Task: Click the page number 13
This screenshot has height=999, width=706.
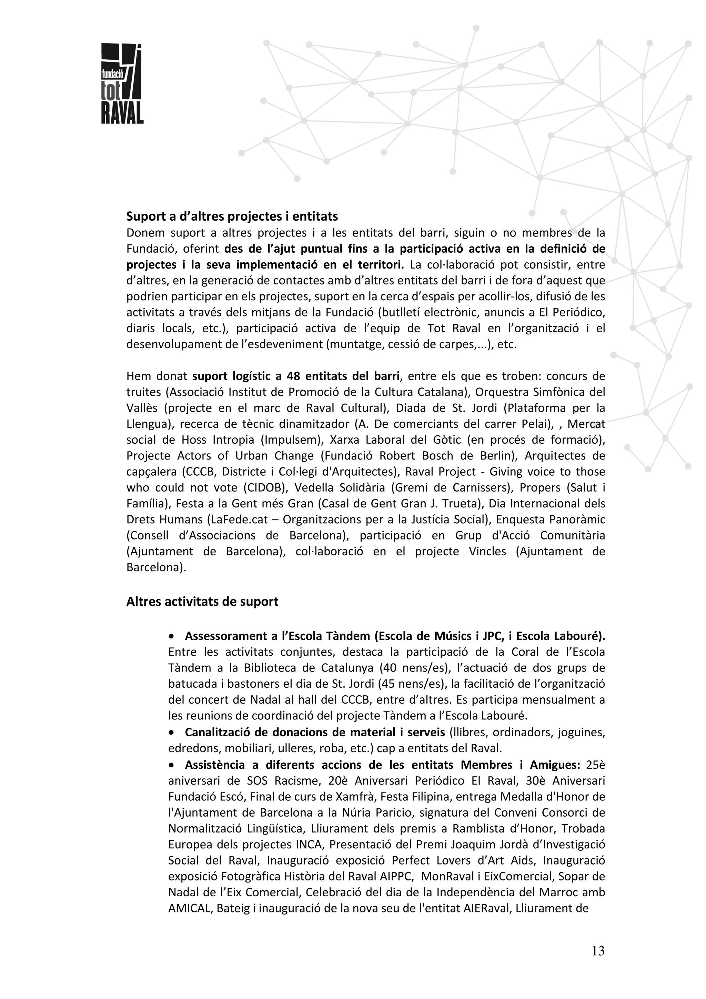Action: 598,951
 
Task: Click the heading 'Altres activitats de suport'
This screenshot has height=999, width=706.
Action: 202,602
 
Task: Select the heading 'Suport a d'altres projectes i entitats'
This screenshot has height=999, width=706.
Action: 232,216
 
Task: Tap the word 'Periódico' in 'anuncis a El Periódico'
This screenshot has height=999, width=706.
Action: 577,312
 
